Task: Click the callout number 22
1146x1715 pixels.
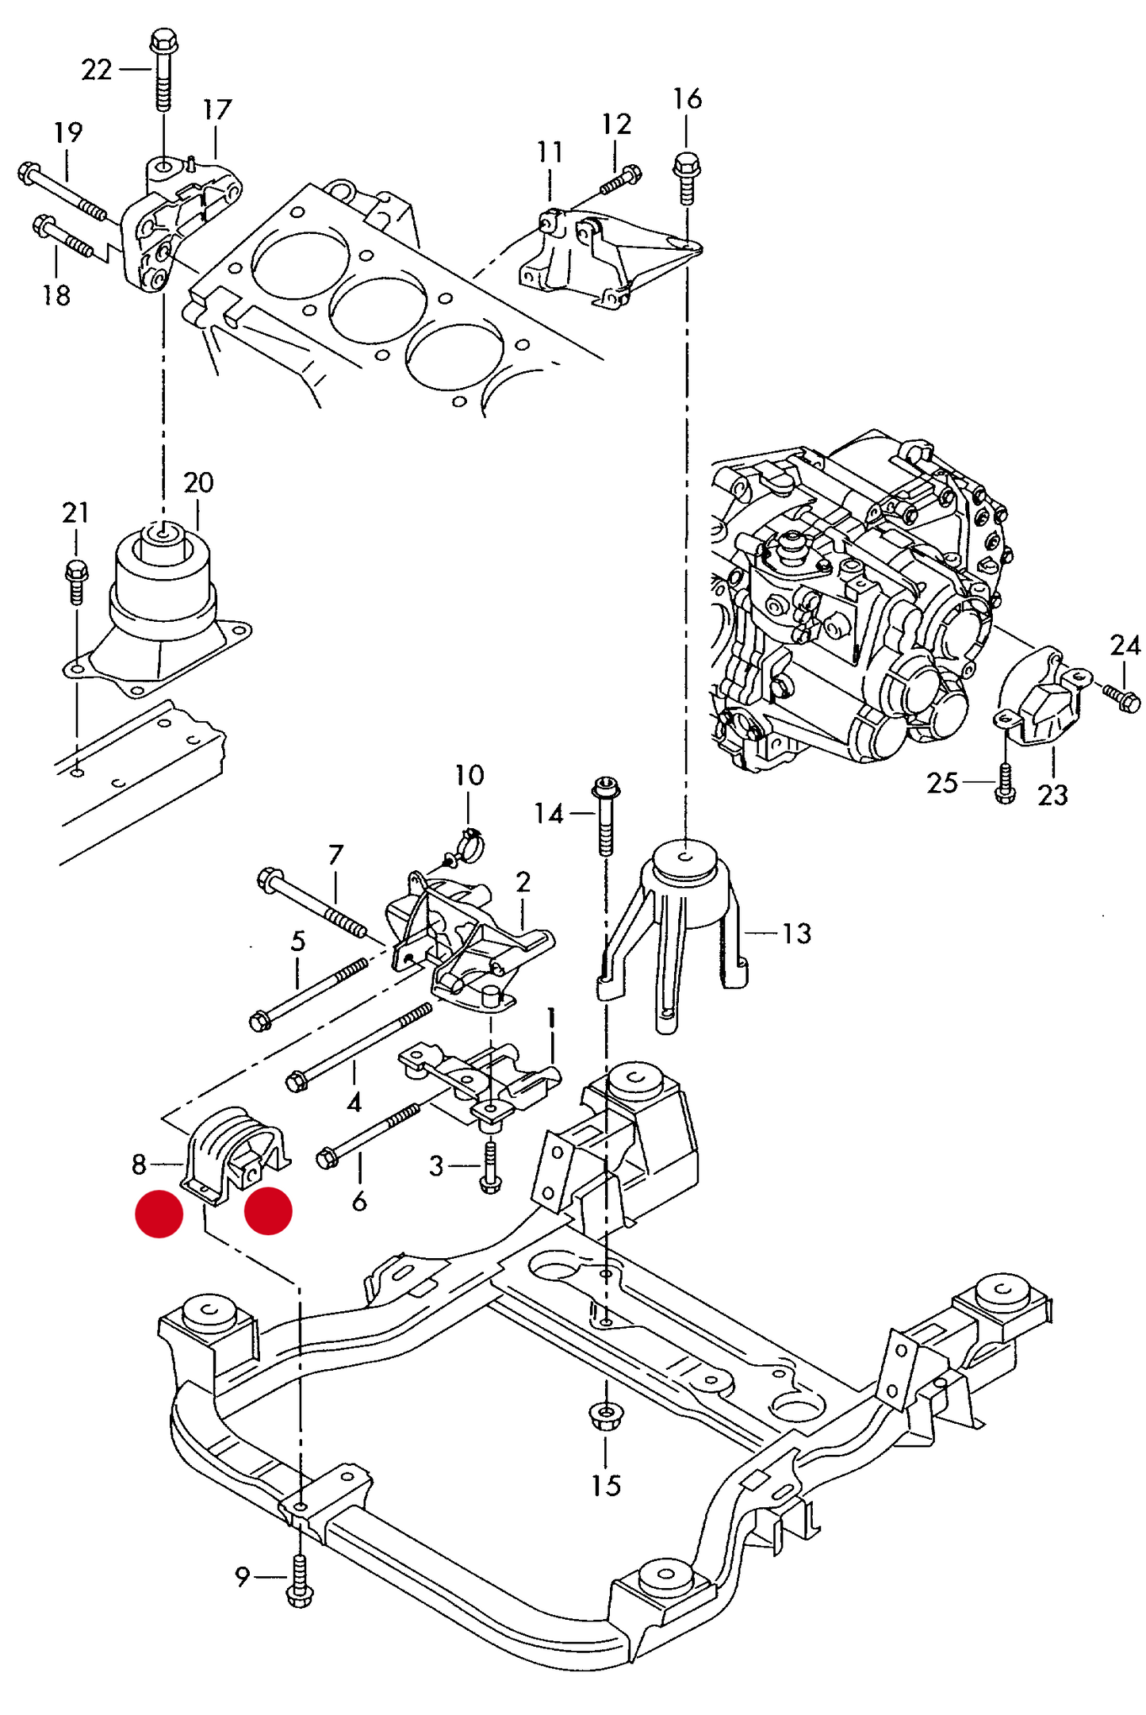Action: [97, 70]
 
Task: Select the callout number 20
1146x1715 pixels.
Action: [198, 482]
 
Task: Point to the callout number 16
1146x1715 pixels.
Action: [687, 99]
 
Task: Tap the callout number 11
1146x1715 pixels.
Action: [550, 152]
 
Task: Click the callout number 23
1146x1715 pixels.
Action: [1052, 795]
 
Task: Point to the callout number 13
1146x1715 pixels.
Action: [796, 934]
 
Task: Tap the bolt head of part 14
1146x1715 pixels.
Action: [606, 788]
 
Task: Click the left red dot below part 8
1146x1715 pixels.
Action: [159, 1214]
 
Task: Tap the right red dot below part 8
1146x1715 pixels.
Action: [268, 1210]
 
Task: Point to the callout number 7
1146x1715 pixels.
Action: [335, 855]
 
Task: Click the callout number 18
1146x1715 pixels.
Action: [56, 295]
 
